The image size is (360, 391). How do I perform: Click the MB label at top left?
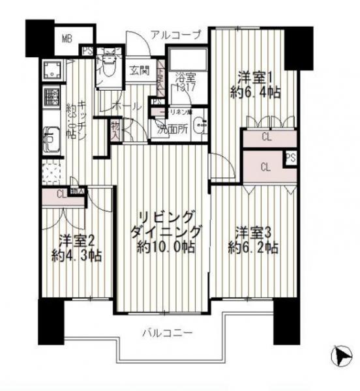click(x=67, y=38)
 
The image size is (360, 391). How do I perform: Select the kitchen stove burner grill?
click(x=51, y=97)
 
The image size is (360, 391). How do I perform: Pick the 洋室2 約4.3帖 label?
click(x=77, y=246)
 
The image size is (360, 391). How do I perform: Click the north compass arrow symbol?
click(x=337, y=356)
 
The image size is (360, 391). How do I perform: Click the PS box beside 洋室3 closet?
click(x=290, y=157)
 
